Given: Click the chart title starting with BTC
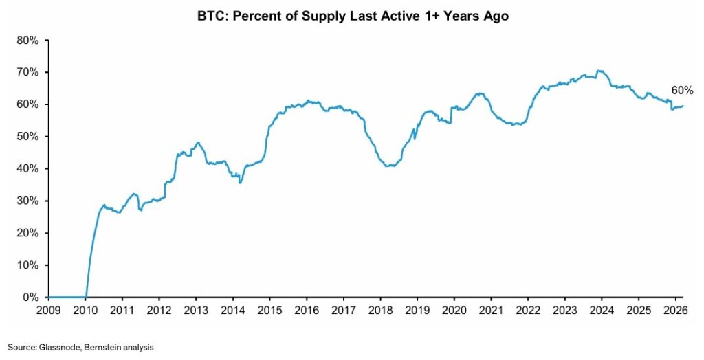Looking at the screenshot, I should (352, 16).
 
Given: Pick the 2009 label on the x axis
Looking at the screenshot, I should (48, 311).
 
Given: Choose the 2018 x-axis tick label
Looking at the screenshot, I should (379, 311).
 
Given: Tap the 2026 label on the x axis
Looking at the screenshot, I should (674, 311).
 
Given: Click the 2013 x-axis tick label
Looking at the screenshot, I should (196, 311).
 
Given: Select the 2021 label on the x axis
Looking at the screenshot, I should (490, 311).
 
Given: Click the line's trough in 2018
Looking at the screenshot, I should (390, 166).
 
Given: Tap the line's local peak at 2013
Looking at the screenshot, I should (198, 143).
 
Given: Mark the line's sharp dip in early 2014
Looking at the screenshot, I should (240, 182).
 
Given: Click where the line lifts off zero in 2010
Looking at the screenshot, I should (86, 296).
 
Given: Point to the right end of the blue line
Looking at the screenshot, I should (683, 106).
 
